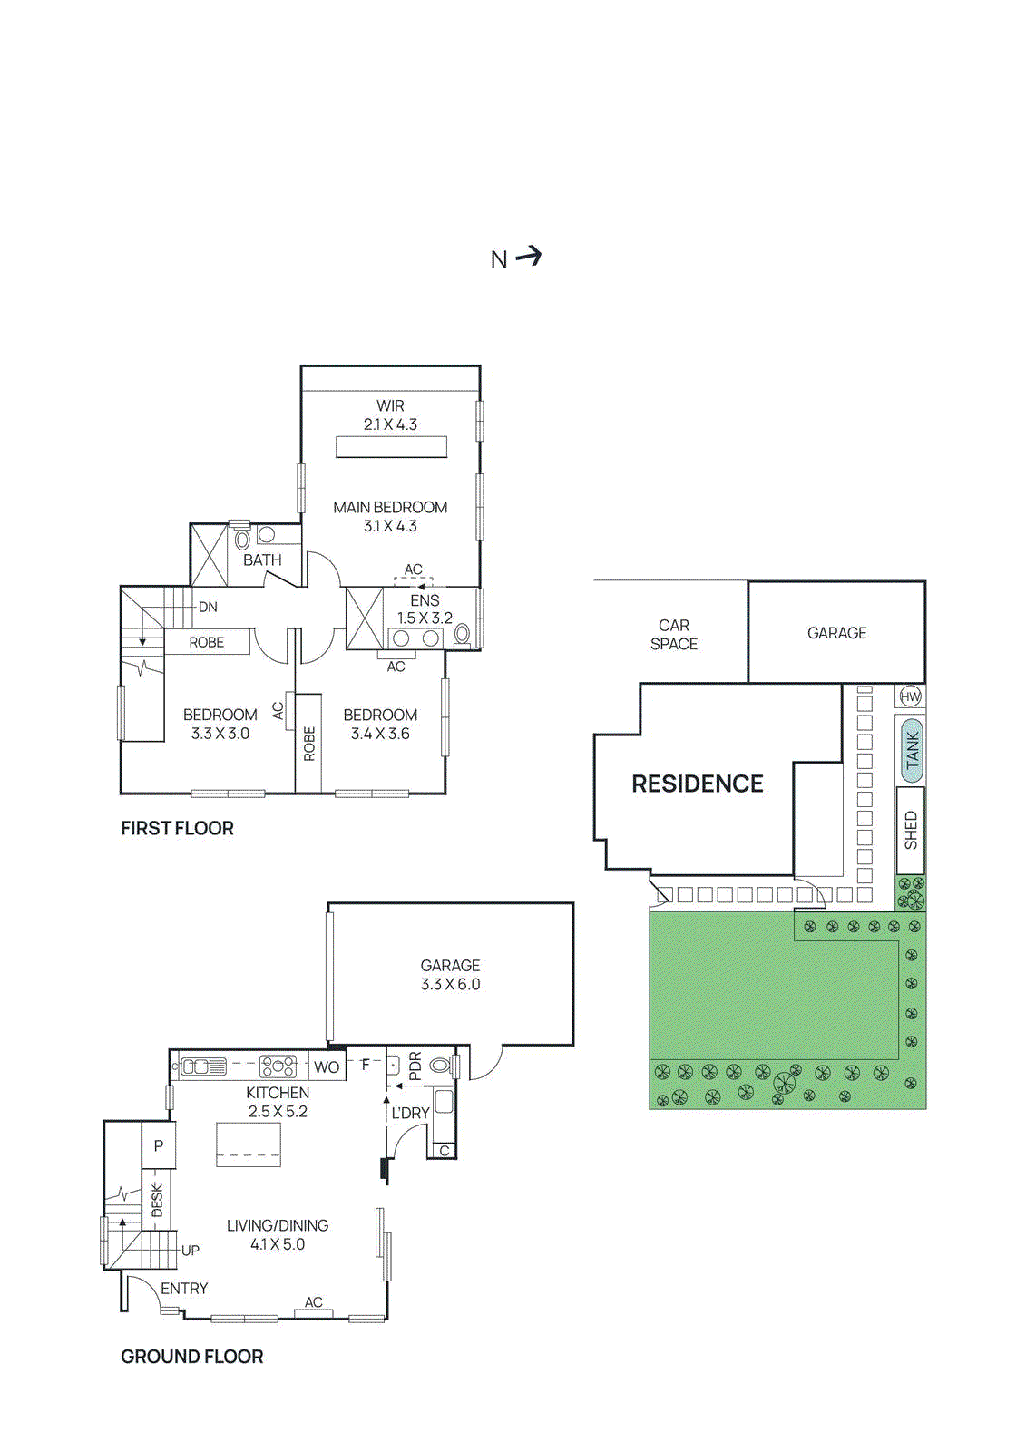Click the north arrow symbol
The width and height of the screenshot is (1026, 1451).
(x=528, y=257)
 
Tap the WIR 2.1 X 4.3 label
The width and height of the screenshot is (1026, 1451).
(x=390, y=415)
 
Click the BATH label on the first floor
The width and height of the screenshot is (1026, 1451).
(x=262, y=560)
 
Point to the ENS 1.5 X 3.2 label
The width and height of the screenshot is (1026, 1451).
(x=425, y=609)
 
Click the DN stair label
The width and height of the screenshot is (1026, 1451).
(x=208, y=607)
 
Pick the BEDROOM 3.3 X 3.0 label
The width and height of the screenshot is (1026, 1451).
(x=220, y=724)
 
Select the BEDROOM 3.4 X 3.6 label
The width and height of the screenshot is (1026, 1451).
(x=380, y=724)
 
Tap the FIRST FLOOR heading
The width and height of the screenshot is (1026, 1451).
(x=177, y=828)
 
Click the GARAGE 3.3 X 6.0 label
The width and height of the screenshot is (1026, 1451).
(x=450, y=975)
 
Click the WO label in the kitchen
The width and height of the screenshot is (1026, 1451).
(x=327, y=1067)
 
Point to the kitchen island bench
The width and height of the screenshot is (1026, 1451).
(x=249, y=1144)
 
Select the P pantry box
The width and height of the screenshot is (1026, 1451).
(x=159, y=1145)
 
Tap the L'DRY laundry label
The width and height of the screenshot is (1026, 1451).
(x=410, y=1113)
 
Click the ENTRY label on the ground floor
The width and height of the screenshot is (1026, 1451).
(x=184, y=1289)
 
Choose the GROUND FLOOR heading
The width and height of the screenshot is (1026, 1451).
(x=191, y=1357)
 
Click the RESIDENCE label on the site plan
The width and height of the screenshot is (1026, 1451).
(x=697, y=784)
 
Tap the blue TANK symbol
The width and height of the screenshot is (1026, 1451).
(x=912, y=750)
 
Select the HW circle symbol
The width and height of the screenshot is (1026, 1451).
(x=910, y=696)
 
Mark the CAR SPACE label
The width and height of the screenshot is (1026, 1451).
(x=674, y=634)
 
